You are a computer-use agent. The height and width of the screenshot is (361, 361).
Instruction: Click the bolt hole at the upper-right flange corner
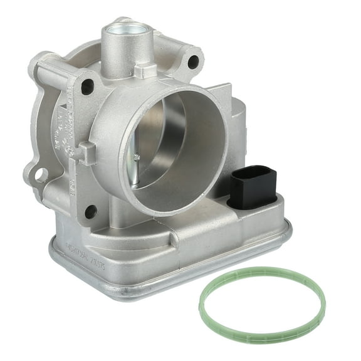193,61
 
